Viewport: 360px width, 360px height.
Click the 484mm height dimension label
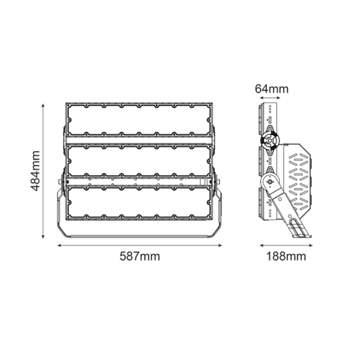click(35, 171)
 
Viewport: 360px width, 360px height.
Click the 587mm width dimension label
click(140, 256)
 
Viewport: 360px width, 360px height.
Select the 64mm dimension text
click(271, 89)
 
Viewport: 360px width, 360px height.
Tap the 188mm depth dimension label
click(286, 256)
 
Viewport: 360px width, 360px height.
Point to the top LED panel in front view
click(139, 120)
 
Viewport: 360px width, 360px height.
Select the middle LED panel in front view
click(139, 161)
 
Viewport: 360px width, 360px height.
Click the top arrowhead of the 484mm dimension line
click(44, 106)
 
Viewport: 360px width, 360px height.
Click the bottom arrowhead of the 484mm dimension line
click(44, 236)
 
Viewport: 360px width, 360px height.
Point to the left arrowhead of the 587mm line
click(60, 245)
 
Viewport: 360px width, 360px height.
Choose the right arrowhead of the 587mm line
click(220, 245)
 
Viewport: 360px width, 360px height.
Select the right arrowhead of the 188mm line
click(312, 245)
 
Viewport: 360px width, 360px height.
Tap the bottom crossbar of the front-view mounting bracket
click(139, 236)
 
